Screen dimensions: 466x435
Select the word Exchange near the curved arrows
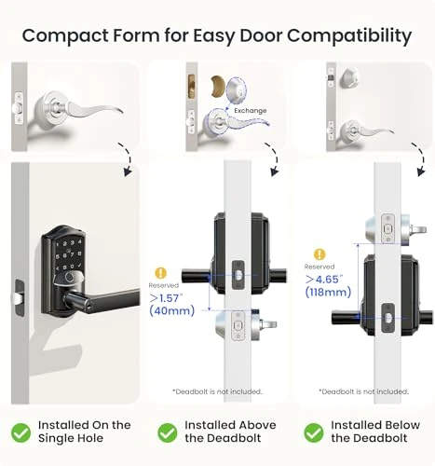[250, 111]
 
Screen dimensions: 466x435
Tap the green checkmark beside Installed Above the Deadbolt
[167, 432]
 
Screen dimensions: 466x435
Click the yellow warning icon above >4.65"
[319, 253]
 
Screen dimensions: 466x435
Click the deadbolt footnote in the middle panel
[217, 391]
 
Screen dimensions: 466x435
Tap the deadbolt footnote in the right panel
[362, 391]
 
